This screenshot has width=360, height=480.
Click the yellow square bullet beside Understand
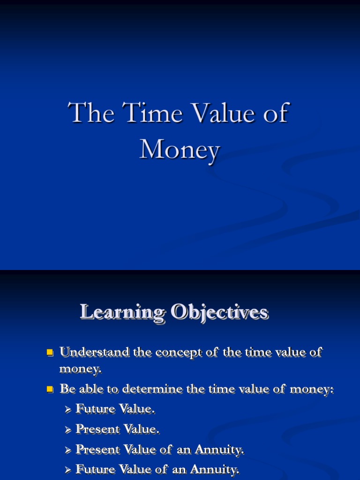click(x=50, y=352)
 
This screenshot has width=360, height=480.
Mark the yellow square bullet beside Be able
click(x=50, y=389)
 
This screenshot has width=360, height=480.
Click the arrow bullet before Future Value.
click(x=68, y=410)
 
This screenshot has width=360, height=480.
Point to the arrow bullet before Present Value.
click(x=68, y=429)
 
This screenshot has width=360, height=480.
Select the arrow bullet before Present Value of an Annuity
click(x=68, y=450)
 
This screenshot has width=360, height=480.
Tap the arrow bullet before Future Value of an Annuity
click(x=68, y=470)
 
